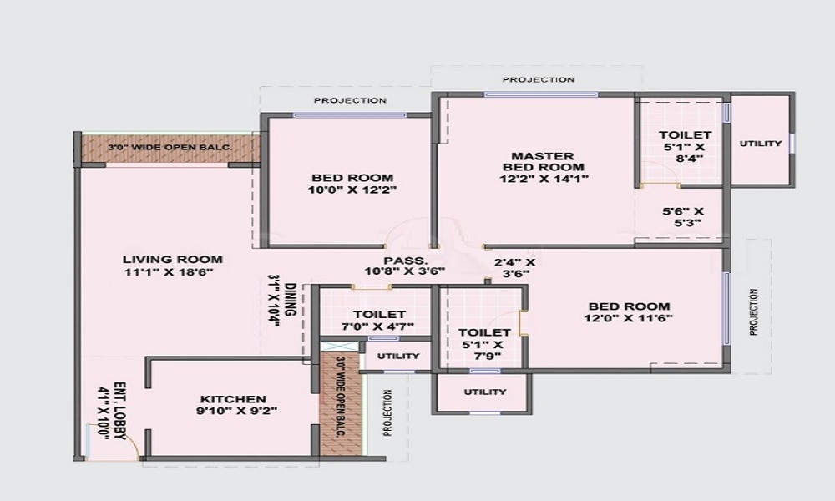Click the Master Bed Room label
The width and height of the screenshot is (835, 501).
tap(544, 161)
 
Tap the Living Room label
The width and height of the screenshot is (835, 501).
tap(173, 260)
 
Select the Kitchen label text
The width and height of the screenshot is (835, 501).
tap(233, 399)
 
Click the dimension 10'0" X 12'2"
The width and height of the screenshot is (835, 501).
tap(352, 190)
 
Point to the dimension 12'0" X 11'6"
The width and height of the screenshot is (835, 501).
tap(629, 319)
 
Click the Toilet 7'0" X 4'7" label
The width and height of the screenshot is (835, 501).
tap(379, 321)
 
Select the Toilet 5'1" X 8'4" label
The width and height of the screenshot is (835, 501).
tap(685, 146)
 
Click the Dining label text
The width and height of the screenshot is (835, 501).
tap(291, 300)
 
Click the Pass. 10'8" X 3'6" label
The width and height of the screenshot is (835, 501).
tap(405, 266)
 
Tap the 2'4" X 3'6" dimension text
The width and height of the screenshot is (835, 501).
tap(515, 268)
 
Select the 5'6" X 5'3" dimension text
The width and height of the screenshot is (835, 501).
tap(683, 217)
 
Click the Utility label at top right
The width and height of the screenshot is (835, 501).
tap(761, 144)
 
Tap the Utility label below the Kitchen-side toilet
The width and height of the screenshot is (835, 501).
tap(398, 357)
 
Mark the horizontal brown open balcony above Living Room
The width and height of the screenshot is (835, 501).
tap(170, 148)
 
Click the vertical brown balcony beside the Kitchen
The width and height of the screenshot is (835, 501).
tap(341, 403)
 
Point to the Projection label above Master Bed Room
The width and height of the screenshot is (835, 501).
tap(539, 80)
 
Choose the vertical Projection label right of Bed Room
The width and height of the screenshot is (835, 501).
tap(753, 312)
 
